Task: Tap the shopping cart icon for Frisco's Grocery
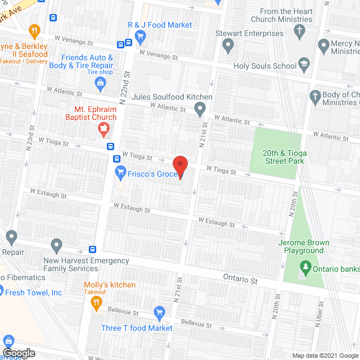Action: click(x=120, y=172)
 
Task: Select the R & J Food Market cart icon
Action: click(x=141, y=37)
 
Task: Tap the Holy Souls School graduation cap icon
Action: click(x=304, y=66)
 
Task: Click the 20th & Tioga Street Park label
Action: click(x=284, y=157)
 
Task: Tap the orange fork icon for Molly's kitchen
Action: click(x=96, y=302)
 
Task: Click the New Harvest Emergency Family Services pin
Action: click(x=56, y=245)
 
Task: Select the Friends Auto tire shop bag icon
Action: click(x=101, y=85)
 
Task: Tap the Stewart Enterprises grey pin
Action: click(x=228, y=45)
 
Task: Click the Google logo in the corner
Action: click(x=19, y=353)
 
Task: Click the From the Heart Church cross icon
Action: click(x=300, y=30)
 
